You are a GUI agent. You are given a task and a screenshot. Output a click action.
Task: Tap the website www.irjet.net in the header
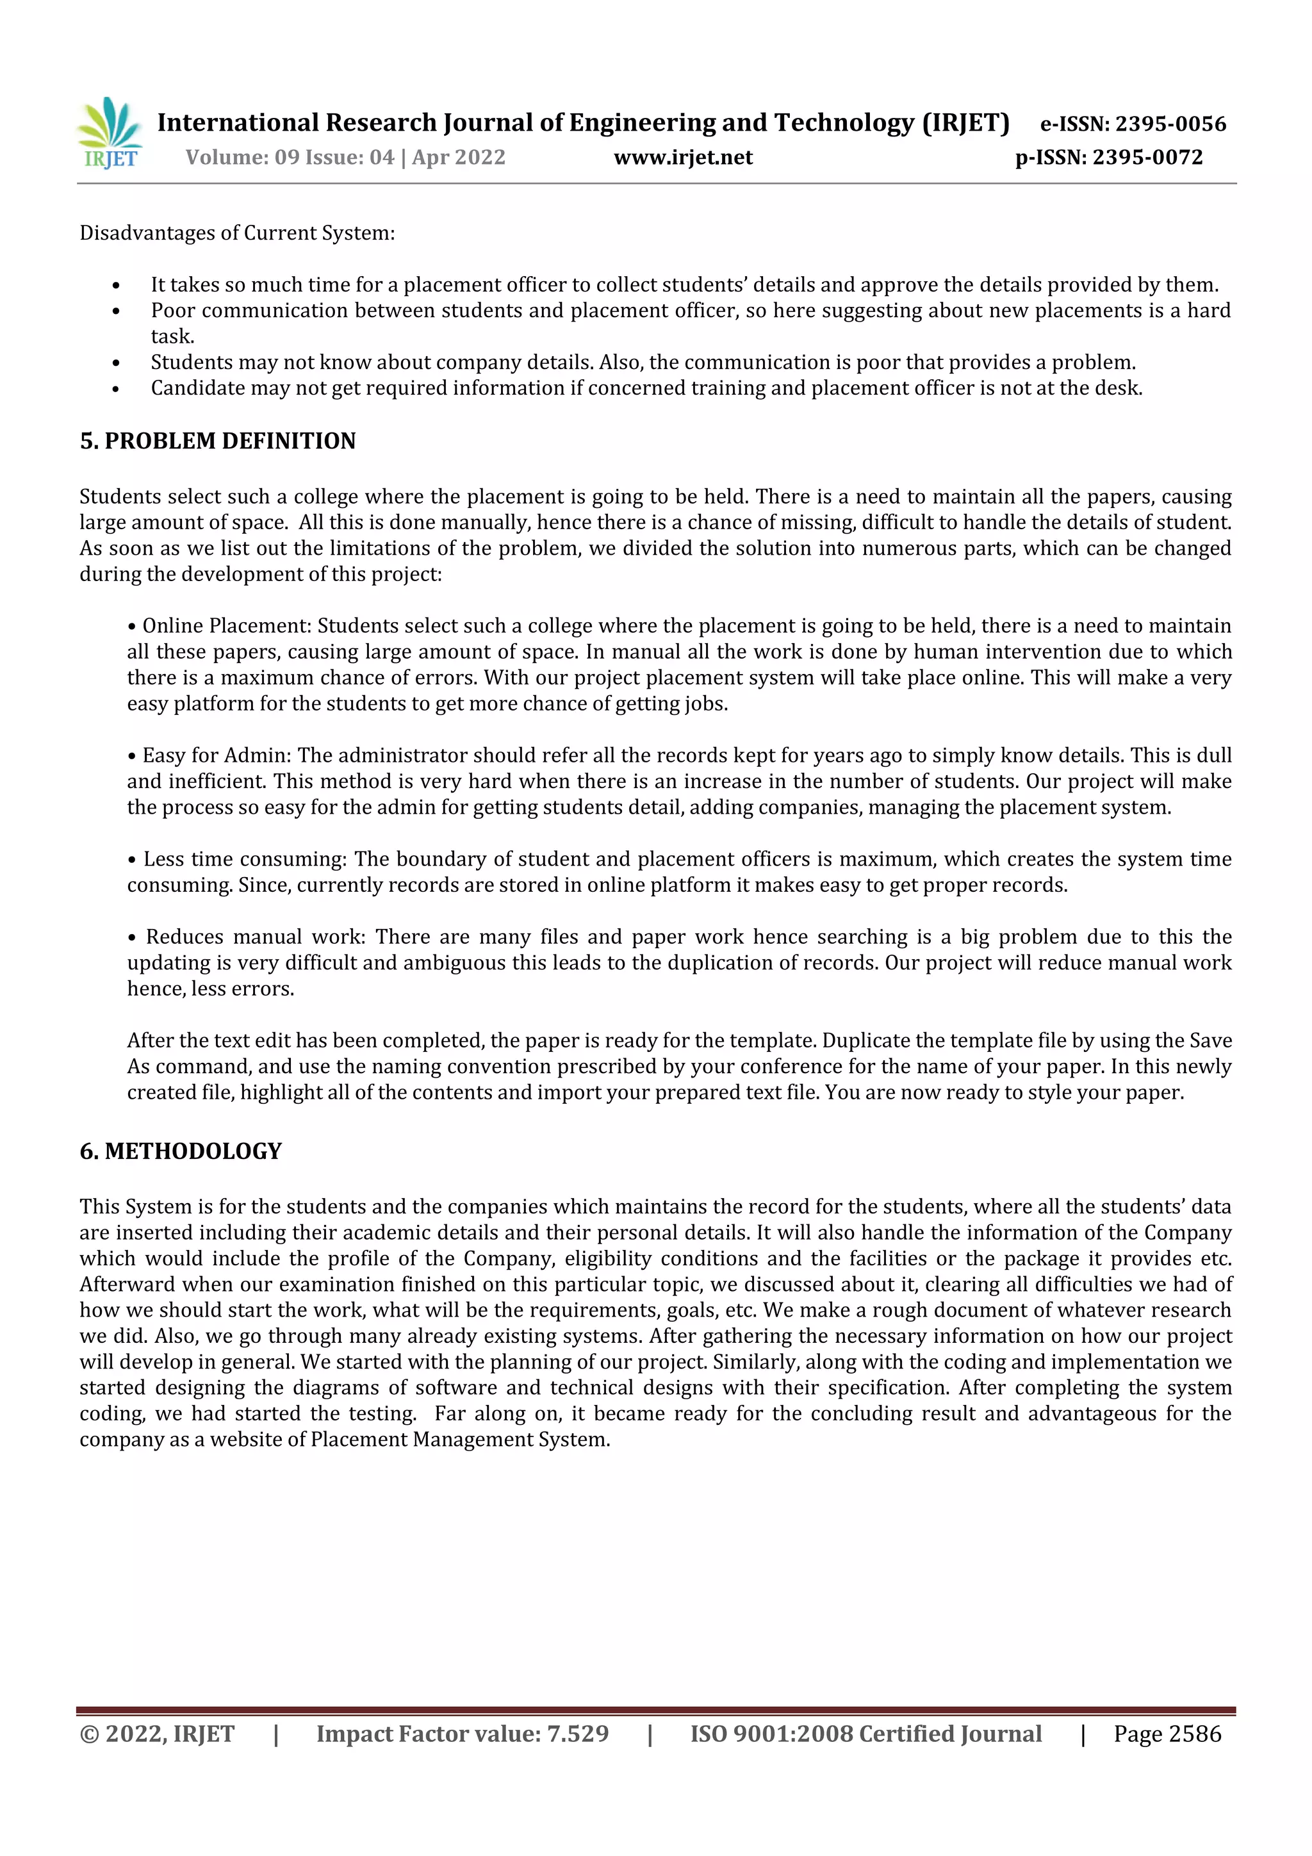pos(683,158)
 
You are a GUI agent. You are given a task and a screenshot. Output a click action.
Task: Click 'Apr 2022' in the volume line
pos(458,158)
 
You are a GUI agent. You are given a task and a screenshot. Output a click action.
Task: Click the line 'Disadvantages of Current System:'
pos(237,234)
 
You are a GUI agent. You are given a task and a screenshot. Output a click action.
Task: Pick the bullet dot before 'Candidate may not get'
pos(115,390)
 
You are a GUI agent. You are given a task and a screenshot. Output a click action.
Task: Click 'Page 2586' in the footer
pos(1167,1734)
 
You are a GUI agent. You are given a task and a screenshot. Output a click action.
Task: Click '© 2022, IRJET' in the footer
pos(157,1734)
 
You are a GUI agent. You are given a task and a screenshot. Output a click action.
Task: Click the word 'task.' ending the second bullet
pos(172,337)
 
